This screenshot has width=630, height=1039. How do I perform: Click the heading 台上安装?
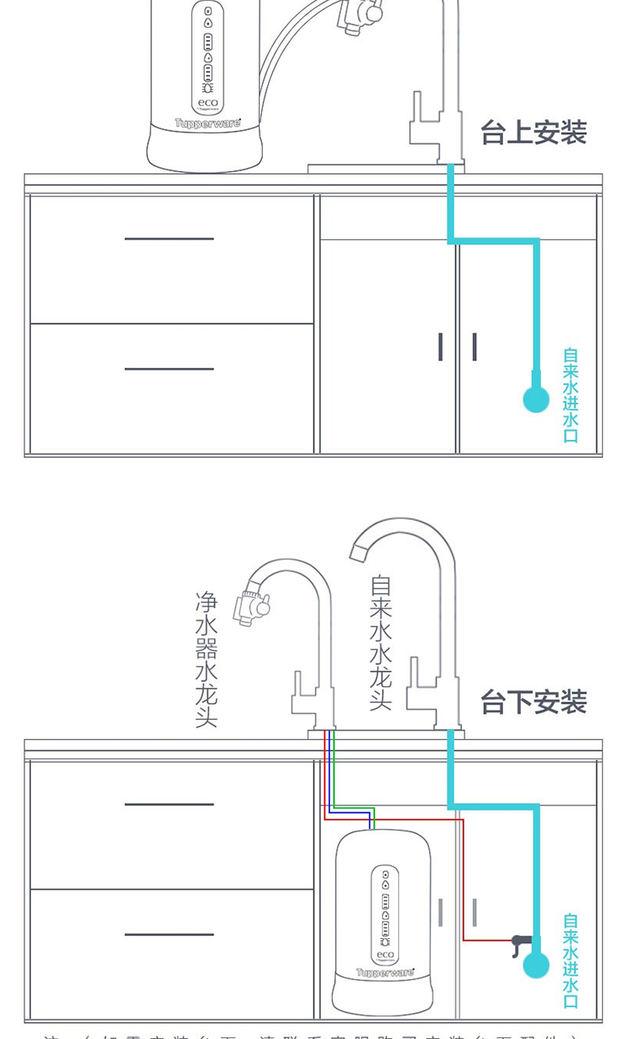point(533,133)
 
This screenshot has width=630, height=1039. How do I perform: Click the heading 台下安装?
point(533,701)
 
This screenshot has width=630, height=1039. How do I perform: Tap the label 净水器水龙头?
point(207,659)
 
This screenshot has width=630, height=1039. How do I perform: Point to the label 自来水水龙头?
point(381,643)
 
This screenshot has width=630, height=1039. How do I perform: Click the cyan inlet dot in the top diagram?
point(536,400)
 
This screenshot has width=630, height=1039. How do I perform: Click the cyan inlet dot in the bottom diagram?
point(536,965)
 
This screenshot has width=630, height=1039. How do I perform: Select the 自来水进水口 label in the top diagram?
point(570,395)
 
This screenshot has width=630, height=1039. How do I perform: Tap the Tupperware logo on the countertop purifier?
point(207,123)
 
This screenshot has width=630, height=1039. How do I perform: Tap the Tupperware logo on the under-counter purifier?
point(385,973)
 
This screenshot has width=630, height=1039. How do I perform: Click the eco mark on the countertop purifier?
point(207,103)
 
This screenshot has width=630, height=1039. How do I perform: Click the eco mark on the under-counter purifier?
point(385,955)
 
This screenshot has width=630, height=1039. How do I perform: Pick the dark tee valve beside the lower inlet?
point(519,942)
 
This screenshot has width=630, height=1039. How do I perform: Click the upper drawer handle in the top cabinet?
point(169,239)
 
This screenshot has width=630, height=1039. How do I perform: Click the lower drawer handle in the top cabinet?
point(169,369)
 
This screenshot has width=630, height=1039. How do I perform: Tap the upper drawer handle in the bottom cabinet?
point(169,804)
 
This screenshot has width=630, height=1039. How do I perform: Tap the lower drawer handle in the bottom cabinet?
point(169,934)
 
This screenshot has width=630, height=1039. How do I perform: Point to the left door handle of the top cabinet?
point(440,347)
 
